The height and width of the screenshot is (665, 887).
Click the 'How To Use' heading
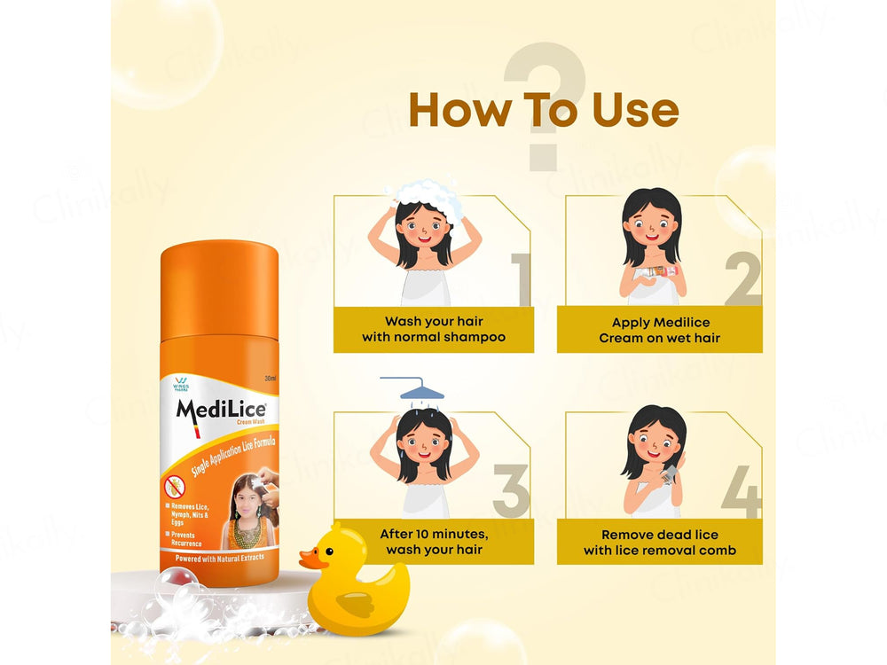pos(543,111)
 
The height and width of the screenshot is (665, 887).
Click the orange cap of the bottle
pos(219,266)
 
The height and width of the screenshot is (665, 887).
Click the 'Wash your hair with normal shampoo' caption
pos(434,330)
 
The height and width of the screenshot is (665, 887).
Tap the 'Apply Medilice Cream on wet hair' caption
pos(660,330)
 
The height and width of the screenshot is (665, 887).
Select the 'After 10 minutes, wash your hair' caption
pos(434,542)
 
